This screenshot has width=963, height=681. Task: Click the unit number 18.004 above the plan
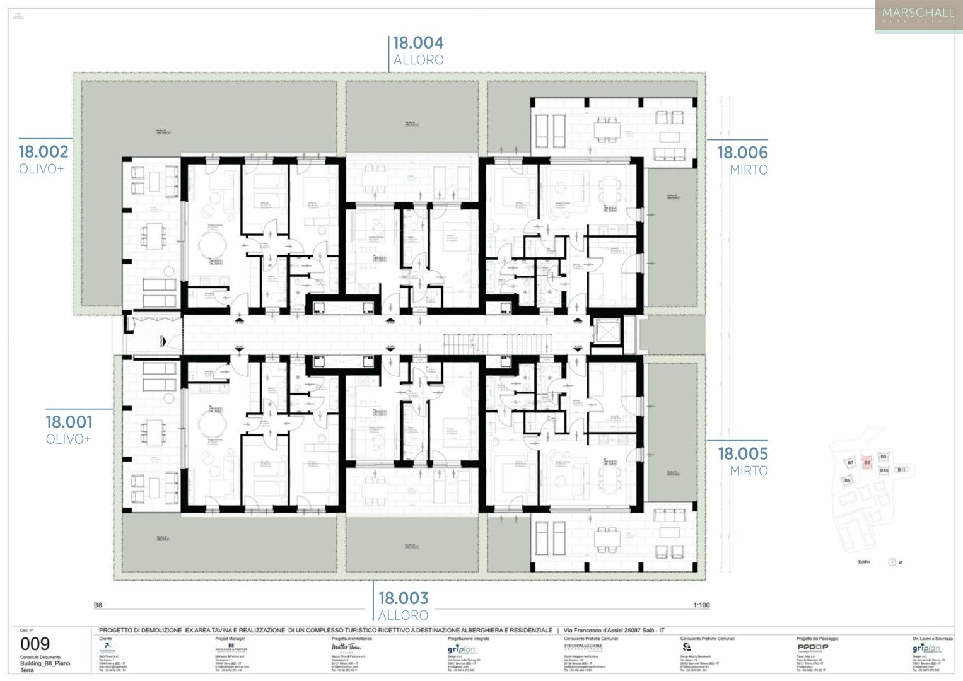pos(418,43)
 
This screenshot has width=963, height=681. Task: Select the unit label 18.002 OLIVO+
pos(43,159)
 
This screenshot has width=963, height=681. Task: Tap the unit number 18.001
pos(69,422)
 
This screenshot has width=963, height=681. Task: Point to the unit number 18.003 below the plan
pos(403,598)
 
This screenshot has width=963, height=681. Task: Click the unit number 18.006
pos(742,153)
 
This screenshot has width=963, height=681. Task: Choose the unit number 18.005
pos(742,453)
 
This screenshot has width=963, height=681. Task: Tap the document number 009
pos(35,644)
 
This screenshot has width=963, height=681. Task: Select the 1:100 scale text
pos(701,605)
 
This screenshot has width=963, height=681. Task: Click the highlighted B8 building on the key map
pos(867,463)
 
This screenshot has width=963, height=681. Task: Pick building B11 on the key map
pos(902,469)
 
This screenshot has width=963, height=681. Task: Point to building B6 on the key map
pos(847,480)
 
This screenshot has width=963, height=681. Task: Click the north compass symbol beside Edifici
pos(892,562)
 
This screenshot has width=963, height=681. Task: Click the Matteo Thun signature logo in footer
pos(346,647)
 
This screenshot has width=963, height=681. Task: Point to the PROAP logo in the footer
pos(812,647)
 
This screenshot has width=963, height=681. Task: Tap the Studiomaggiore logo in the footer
pos(583,647)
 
